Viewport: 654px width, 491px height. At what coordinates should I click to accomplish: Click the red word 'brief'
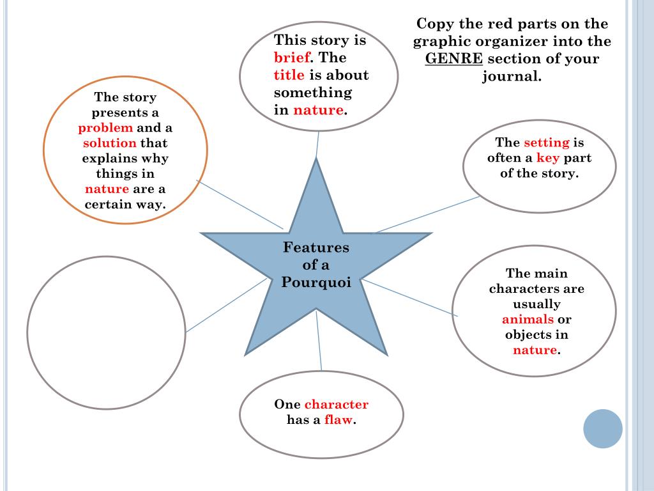pos(292,58)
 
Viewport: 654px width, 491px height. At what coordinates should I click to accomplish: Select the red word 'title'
pos(289,75)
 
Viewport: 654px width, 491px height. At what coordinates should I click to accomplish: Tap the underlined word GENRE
pos(455,59)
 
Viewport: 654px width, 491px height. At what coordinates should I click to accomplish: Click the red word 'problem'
pos(105,128)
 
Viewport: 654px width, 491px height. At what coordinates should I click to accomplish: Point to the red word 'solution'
pos(110,143)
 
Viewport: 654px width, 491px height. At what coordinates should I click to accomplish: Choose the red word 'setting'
pos(546,142)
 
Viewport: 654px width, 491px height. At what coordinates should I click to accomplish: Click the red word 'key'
pos(547,158)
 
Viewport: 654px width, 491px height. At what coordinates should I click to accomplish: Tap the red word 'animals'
pos(528,320)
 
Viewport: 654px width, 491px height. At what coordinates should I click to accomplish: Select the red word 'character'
pos(337,404)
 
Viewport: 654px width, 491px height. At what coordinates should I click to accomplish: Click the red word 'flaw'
pos(338,420)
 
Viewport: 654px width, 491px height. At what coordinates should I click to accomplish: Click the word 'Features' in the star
pos(316,247)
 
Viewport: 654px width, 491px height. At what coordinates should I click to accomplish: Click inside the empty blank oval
pos(106,332)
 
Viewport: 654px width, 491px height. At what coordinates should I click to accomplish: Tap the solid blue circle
pos(603,428)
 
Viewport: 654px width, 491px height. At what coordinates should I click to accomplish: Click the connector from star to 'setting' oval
pos(427,214)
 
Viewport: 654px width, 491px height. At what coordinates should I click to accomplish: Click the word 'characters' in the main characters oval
pos(536,289)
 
